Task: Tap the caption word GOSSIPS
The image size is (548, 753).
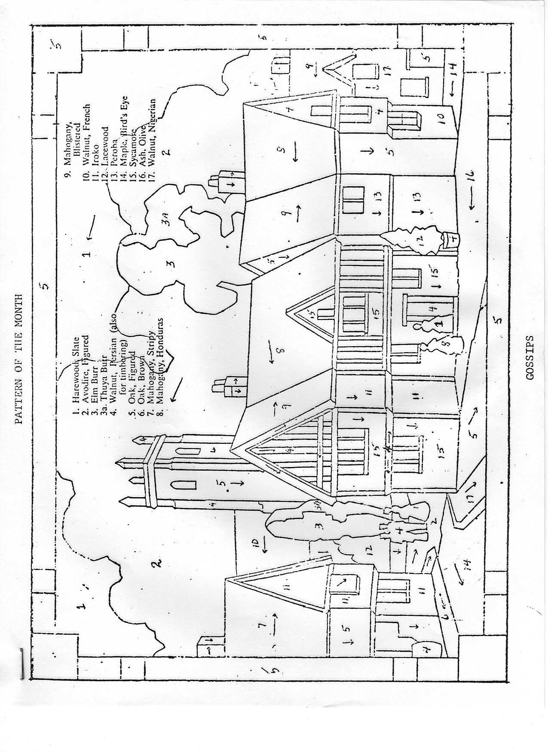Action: pos(530,357)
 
